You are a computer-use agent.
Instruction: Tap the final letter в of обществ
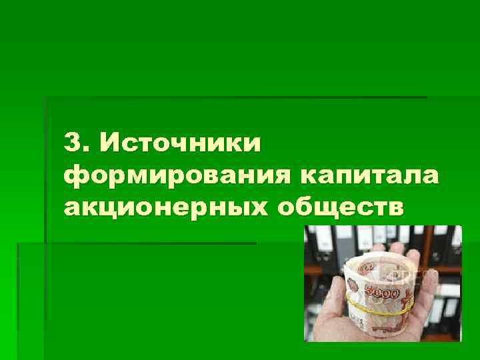396,207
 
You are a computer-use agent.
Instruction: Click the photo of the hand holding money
383,283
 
